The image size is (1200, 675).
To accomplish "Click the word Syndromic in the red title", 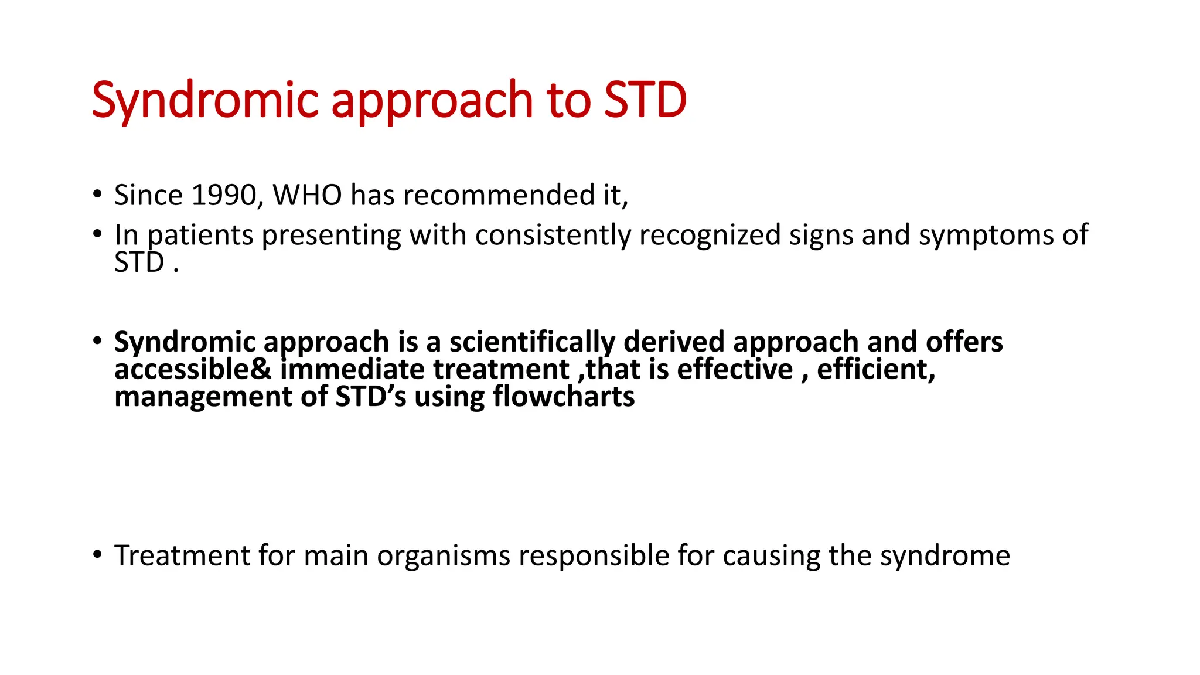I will (x=205, y=101).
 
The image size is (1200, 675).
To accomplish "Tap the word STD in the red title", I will (x=645, y=101).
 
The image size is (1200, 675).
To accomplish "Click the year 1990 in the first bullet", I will (x=224, y=195).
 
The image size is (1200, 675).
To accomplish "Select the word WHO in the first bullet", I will (x=307, y=195).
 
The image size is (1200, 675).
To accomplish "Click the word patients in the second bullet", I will (x=200, y=236).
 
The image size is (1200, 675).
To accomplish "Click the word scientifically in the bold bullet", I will (x=531, y=342).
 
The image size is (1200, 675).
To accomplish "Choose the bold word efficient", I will (x=875, y=370).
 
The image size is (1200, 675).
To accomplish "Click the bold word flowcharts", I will (x=563, y=397).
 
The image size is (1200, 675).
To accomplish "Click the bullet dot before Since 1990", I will (x=97, y=194).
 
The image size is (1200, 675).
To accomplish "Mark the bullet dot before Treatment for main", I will (x=97, y=554).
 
